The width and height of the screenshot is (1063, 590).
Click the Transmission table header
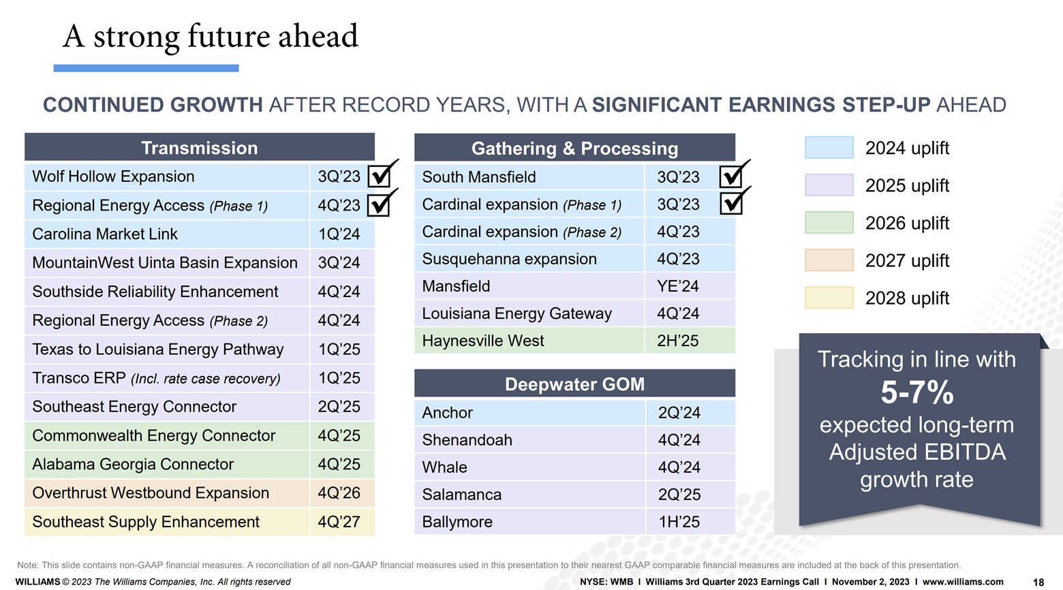(199, 148)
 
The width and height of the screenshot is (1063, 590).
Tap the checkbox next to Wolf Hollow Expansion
(380, 176)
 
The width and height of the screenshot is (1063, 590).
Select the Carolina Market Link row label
(105, 234)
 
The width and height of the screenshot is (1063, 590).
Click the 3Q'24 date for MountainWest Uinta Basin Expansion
(339, 263)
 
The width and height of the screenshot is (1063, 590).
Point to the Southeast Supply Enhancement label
(146, 522)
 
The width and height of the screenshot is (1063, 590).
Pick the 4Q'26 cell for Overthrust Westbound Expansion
(339, 493)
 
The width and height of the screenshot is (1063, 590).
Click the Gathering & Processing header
(574, 149)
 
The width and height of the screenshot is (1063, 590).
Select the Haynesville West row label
(483, 341)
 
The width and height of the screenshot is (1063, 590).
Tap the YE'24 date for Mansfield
(678, 286)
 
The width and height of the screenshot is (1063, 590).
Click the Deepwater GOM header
(574, 384)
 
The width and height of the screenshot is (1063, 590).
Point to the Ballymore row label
(457, 522)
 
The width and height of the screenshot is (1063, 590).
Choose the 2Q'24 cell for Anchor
(679, 413)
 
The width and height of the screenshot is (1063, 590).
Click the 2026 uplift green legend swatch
(829, 223)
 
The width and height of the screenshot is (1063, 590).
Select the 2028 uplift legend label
(907, 298)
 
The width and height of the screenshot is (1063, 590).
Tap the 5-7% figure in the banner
(916, 392)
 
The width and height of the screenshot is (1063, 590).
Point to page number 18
(1038, 582)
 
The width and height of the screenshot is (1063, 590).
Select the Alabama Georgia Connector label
(133, 465)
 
